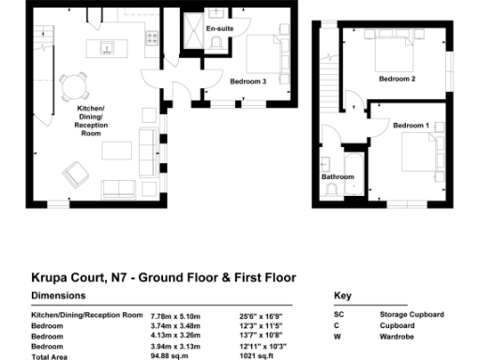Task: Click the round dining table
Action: [x=72, y=87]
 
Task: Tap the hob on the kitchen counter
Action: [x=150, y=38]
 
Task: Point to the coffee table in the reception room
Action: [x=116, y=150]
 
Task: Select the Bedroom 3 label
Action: [x=248, y=82]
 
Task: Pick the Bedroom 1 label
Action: [x=411, y=125]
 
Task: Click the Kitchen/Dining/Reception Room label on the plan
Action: [x=92, y=123]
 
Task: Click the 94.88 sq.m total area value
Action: [x=169, y=356]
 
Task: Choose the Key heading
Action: [x=342, y=296]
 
